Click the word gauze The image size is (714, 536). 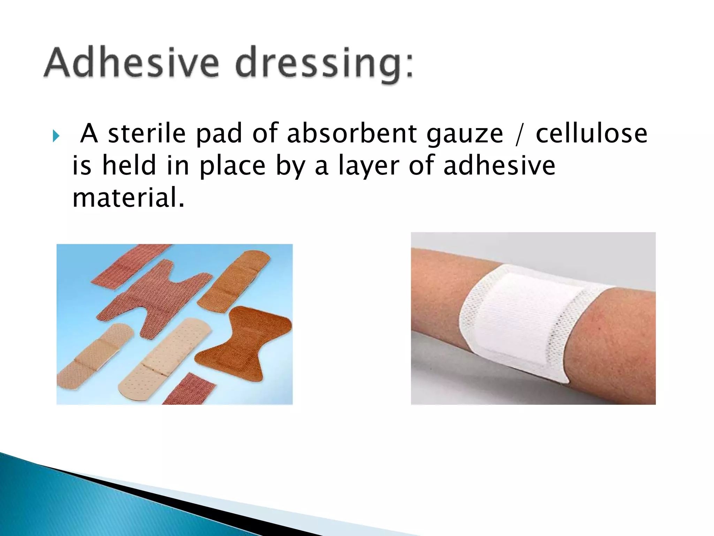pos(465,134)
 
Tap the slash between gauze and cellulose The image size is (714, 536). pos(519,134)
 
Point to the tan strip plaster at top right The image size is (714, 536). pos(235,279)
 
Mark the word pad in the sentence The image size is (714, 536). pos(219,134)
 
